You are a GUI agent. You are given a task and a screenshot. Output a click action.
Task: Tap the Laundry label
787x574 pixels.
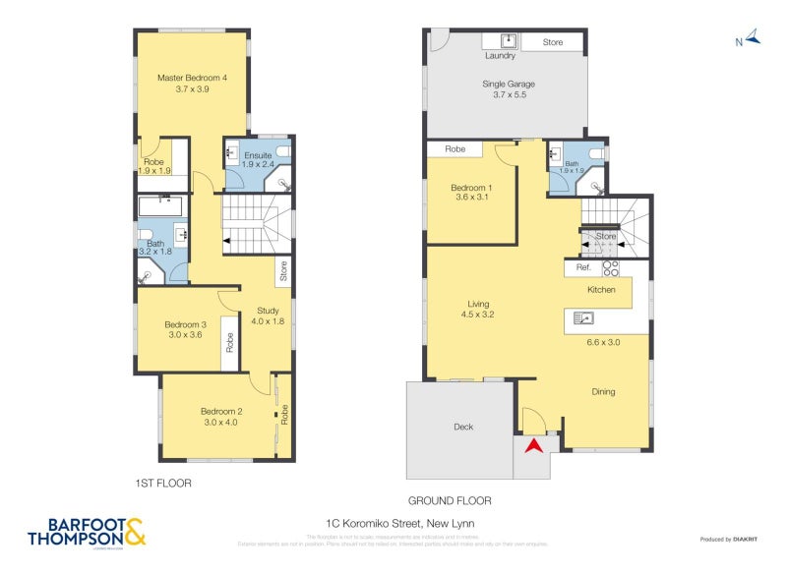click(x=500, y=56)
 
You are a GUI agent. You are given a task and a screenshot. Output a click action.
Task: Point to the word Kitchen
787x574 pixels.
click(x=601, y=290)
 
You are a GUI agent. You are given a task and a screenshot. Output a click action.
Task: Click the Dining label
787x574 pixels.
click(x=603, y=391)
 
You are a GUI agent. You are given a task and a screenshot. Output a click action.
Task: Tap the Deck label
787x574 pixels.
click(x=463, y=427)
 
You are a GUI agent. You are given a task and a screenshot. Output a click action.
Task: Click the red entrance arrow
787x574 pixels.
click(x=532, y=445)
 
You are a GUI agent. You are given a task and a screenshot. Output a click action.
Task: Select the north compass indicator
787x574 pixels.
click(x=751, y=39)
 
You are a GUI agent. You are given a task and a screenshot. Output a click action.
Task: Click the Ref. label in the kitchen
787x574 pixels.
click(x=582, y=267)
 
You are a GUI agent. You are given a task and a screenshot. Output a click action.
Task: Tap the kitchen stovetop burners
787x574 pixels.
click(x=610, y=267)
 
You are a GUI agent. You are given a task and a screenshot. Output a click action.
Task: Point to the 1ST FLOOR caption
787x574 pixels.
click(x=162, y=484)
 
